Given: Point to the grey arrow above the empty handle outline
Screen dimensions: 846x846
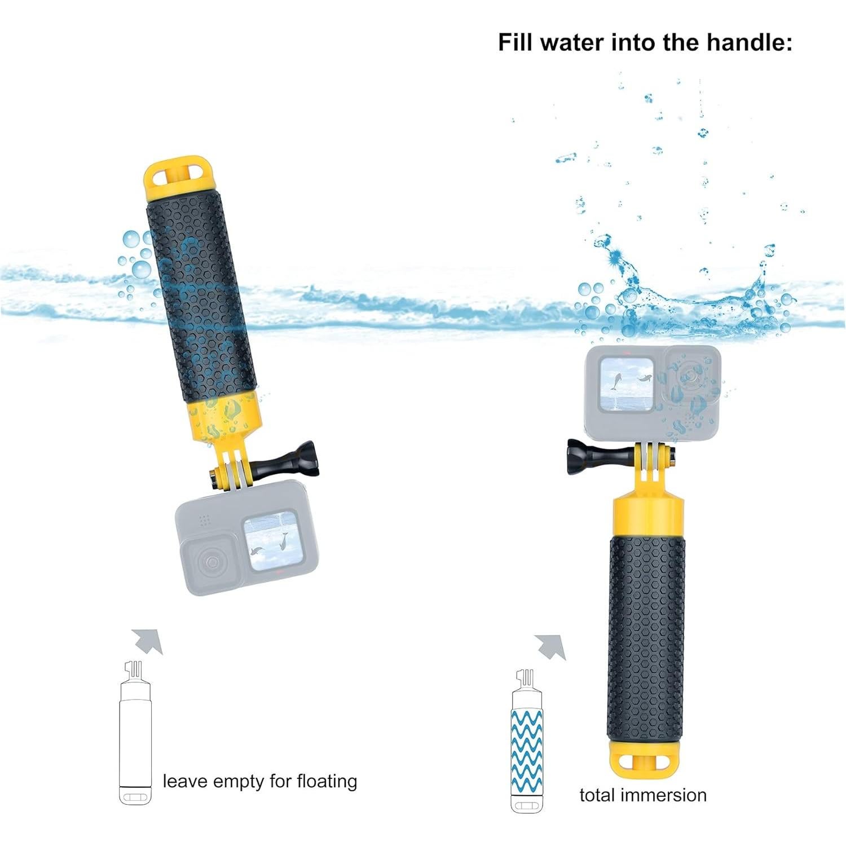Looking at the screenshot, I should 147,641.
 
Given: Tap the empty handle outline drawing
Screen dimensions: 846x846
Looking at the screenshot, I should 135,739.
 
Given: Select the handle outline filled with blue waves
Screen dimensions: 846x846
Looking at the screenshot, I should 527,744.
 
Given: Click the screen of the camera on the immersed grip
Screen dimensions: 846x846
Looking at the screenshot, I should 627,384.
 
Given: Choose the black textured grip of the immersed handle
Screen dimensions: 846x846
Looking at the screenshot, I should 645,637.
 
